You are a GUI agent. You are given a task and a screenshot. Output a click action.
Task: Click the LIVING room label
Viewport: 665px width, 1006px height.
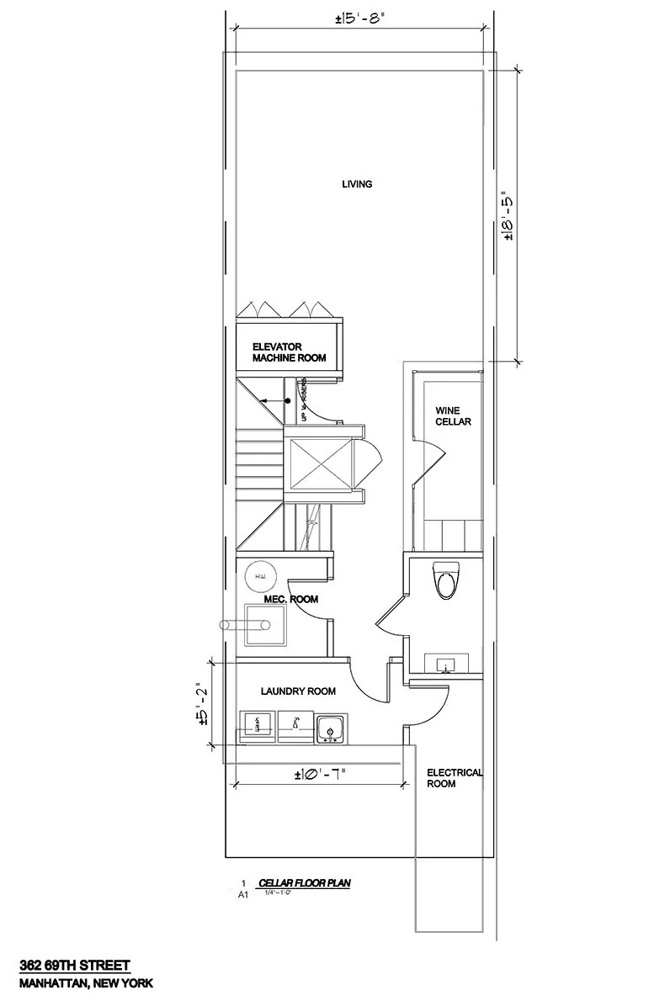[357, 184]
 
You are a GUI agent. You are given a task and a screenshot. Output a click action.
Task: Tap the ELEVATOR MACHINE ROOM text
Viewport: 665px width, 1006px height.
[289, 352]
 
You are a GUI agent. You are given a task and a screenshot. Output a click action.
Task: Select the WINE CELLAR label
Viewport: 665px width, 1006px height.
[452, 416]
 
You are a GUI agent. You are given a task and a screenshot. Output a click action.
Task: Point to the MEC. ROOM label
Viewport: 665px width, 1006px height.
[290, 599]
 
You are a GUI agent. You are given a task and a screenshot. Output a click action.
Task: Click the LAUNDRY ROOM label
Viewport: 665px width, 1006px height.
[298, 691]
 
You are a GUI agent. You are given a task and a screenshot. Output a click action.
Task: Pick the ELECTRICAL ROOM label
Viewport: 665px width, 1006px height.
[455, 778]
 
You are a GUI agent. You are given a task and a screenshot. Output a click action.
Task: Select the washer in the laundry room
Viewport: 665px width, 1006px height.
[258, 726]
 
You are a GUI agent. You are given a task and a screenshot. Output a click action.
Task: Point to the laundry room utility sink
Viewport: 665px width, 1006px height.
[331, 728]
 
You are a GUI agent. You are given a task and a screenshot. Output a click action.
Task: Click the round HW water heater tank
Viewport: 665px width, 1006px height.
[258, 577]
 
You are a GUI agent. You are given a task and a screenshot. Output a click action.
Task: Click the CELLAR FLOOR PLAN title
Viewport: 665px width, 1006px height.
[304, 883]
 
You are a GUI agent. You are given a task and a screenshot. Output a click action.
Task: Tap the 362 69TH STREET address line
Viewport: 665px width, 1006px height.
[76, 967]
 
